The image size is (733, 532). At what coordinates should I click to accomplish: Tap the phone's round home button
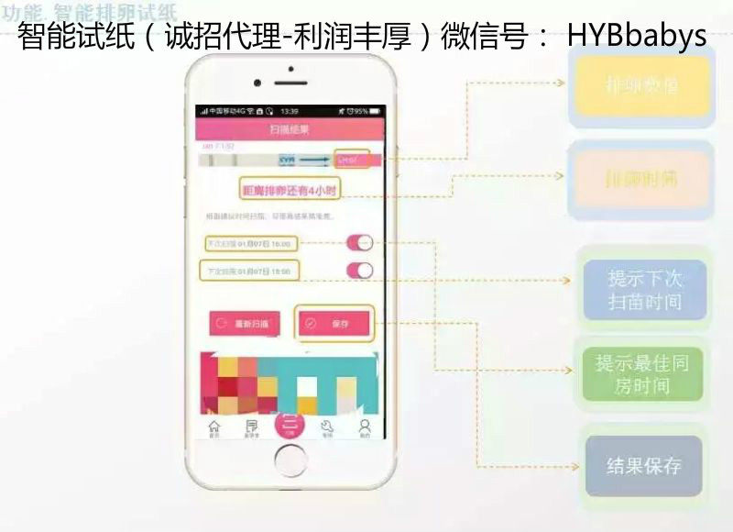[290, 460]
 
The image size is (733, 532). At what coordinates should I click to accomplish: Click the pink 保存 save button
[334, 323]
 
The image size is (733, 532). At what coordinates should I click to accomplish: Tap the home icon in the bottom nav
[214, 427]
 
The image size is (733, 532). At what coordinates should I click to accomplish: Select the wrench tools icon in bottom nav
[327, 427]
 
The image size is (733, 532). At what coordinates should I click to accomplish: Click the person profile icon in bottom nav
[365, 427]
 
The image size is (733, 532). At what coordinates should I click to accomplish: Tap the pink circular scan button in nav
[290, 425]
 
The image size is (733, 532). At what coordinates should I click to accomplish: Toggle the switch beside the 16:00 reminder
[360, 243]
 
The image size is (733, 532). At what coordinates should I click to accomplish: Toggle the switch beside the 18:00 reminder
[360, 271]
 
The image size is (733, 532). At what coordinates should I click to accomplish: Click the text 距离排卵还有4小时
[290, 190]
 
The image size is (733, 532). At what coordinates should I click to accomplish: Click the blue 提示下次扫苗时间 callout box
[645, 289]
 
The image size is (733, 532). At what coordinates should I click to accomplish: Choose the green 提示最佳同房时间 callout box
[642, 374]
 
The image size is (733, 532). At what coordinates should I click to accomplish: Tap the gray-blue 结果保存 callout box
[644, 466]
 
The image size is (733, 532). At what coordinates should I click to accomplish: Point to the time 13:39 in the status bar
[290, 111]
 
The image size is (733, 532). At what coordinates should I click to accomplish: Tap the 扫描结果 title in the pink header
[290, 130]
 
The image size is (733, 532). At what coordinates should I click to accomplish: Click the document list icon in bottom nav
[251, 427]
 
